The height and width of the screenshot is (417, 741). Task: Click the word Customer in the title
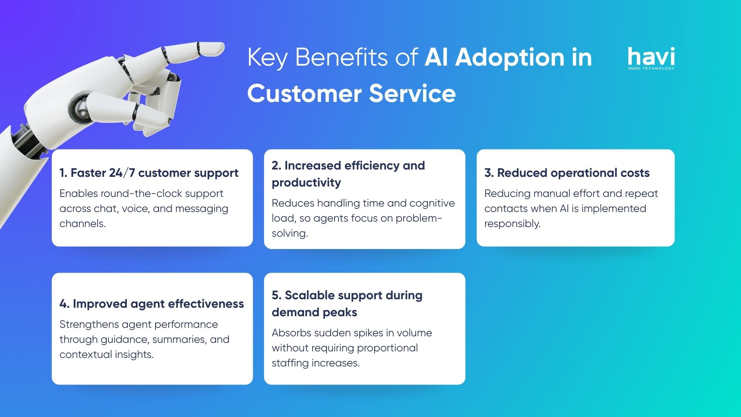305,94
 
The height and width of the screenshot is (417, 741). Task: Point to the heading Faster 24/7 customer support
149,173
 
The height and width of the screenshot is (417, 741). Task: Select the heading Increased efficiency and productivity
348,174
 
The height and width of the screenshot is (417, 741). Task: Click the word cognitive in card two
432,203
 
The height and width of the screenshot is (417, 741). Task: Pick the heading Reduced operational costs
567,173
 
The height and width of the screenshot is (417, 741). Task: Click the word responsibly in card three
512,224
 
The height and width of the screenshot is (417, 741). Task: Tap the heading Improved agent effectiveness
152,304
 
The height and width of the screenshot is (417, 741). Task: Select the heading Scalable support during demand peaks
347,303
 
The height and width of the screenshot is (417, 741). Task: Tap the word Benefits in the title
341,58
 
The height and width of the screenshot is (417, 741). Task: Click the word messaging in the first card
201,209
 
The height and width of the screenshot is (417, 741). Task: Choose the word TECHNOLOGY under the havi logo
658,68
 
